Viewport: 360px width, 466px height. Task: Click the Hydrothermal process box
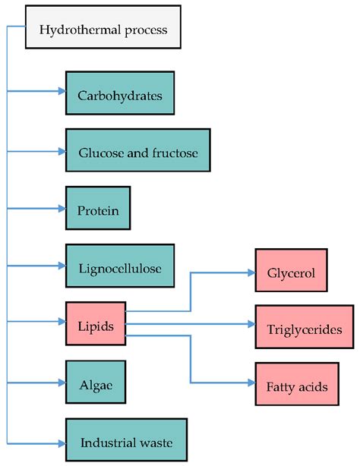coord(103,31)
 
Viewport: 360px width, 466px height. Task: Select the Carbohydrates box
coord(120,96)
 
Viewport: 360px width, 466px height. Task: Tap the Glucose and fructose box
coord(137,153)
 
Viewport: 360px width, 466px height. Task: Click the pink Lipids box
coord(96,326)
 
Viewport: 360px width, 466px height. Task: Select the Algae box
coord(95,383)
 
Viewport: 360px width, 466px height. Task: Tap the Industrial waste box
coord(124,442)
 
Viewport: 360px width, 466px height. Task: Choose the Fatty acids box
coord(297,386)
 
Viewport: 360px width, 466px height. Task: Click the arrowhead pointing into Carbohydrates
coord(62,93)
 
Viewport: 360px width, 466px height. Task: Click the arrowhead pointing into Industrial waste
coord(62,442)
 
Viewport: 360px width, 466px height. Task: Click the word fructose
coord(175,153)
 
